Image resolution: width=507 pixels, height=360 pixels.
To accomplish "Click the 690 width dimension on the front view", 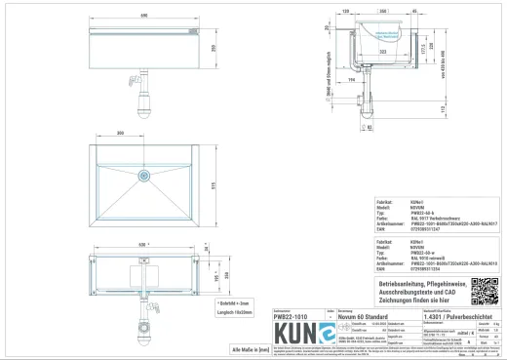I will (x=144, y=17).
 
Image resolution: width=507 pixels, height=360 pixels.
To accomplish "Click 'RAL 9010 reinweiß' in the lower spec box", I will (x=417, y=258).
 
